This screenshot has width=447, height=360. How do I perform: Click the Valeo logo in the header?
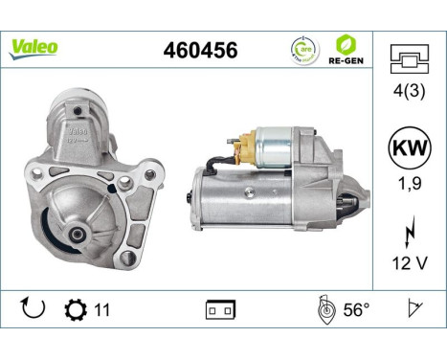pyautogui.click(x=34, y=46)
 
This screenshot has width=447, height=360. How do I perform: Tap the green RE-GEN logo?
pyautogui.click(x=346, y=48)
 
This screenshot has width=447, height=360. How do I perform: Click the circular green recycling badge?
pyautogui.click(x=301, y=48)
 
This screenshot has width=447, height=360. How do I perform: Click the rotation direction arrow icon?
pyautogui.click(x=33, y=309)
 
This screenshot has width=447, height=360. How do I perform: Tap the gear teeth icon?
pyautogui.click(x=73, y=309)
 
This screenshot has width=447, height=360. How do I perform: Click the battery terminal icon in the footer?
pyautogui.click(x=219, y=309)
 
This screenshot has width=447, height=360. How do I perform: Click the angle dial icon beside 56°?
pyautogui.click(x=325, y=308)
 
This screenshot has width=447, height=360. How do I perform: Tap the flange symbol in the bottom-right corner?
pyautogui.click(x=413, y=308)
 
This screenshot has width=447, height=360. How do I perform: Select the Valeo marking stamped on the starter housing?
pyautogui.click(x=79, y=127)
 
